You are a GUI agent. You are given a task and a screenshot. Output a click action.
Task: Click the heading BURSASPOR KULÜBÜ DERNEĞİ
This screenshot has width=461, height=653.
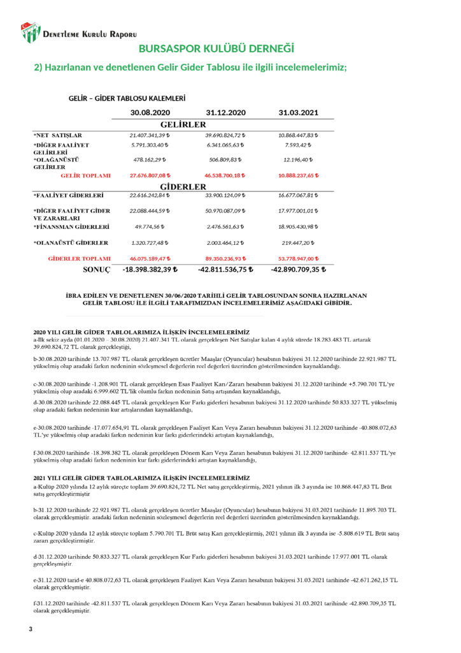pyautogui.click(x=216, y=49)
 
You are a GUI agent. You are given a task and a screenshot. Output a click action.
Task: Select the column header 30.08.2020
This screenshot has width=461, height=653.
pyautogui.click(x=150, y=113)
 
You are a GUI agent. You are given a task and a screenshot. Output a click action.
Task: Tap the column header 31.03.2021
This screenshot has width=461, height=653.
pyautogui.click(x=299, y=113)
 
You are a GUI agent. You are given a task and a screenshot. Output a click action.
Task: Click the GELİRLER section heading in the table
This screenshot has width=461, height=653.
pyautogui.click(x=183, y=124)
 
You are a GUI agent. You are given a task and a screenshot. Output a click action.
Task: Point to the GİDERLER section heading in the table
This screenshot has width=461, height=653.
pyautogui.click(x=183, y=187)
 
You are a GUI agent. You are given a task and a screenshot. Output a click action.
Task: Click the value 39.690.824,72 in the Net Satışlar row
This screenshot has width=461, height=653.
pyautogui.click(x=225, y=135)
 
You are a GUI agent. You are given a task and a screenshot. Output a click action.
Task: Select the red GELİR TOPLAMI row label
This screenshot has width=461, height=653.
pyautogui.click(x=85, y=175)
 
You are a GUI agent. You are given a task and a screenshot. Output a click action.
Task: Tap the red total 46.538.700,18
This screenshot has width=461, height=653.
pyautogui.click(x=225, y=175)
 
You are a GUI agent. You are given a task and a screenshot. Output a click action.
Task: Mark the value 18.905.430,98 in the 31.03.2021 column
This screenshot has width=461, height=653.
pyautogui.click(x=299, y=226)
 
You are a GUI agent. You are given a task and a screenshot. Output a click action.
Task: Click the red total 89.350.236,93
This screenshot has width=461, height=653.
pyautogui.click(x=225, y=259)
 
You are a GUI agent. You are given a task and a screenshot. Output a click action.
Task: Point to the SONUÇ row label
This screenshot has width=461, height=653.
pyautogui.click(x=97, y=270)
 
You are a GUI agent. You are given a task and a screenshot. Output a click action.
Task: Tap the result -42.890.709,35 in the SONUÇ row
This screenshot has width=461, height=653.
pyautogui.click(x=299, y=270)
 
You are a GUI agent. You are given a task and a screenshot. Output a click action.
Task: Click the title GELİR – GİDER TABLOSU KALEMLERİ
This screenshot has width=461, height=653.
pyautogui.click(x=127, y=99)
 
